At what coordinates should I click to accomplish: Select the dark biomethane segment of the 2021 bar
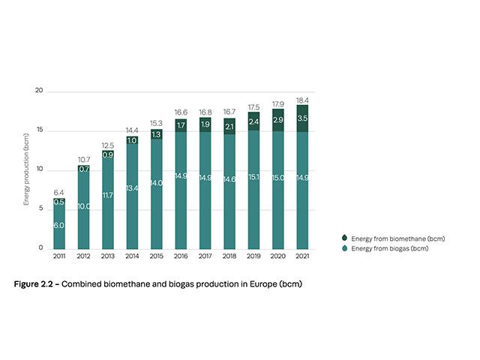302,118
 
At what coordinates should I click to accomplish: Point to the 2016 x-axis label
181,256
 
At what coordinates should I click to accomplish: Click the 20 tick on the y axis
40,91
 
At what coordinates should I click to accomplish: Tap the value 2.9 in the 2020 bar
277,120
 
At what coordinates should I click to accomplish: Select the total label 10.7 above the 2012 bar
83,160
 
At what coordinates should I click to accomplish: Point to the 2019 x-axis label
253,256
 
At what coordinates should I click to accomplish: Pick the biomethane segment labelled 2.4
253,121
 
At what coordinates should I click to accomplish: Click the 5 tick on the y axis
42,209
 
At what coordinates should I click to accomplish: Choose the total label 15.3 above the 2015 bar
156,123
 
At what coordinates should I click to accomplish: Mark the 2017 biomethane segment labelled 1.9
205,124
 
